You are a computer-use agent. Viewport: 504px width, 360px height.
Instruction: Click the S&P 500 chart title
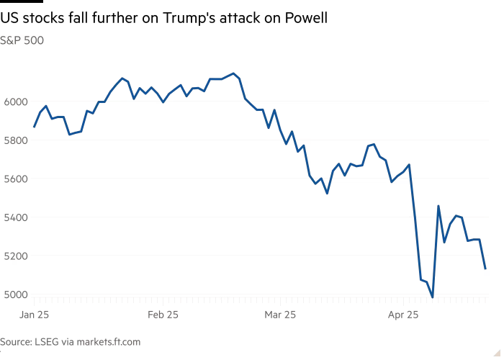(22, 41)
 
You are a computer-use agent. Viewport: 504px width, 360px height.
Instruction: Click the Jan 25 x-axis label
(34, 315)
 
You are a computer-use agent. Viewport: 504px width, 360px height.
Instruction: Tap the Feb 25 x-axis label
(163, 315)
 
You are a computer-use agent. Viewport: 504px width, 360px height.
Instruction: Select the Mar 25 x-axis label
(280, 315)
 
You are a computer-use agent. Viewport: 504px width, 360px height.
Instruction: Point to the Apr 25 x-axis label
(403, 315)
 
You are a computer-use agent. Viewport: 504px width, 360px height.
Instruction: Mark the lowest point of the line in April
(432, 296)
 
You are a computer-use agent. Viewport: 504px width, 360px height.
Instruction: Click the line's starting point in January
(34, 127)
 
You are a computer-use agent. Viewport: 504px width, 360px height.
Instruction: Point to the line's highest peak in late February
(233, 73)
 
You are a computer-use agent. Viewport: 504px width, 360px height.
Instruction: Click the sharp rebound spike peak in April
(438, 207)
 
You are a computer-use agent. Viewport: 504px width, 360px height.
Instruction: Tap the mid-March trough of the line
(327, 193)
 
